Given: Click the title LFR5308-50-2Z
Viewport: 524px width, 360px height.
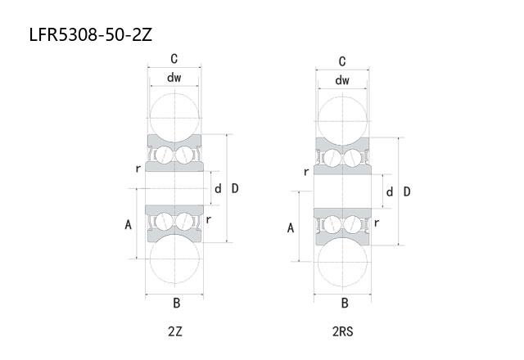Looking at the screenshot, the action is (91, 34).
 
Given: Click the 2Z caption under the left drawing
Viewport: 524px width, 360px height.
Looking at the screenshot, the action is (175, 331).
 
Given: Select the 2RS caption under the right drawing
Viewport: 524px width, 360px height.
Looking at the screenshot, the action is (342, 331).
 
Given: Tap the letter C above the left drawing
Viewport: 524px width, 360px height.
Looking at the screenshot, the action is (174, 59).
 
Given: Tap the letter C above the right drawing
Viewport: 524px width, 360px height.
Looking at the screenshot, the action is (342, 61).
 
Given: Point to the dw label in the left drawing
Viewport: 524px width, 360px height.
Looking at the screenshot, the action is (174, 78).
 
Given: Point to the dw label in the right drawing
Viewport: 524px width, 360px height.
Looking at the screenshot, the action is (342, 80).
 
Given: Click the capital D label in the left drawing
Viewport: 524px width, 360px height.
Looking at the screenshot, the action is (235, 188).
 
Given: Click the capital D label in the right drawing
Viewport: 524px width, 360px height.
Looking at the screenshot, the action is (407, 191).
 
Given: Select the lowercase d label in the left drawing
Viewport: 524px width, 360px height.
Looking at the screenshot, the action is (218, 189).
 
